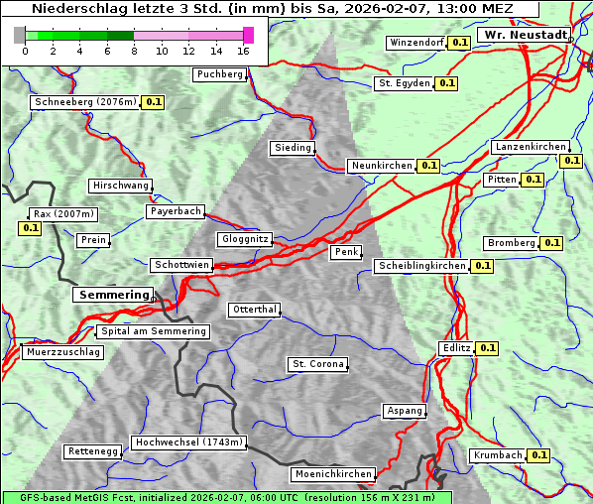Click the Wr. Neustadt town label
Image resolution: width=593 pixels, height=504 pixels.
(x=525, y=35)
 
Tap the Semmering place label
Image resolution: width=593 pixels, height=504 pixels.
(x=113, y=295)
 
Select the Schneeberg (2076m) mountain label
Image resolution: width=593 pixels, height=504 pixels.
(x=84, y=102)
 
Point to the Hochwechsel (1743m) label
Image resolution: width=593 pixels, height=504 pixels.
(x=188, y=442)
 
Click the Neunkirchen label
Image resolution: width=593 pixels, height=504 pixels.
(x=381, y=166)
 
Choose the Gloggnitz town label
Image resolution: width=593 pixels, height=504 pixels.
(x=243, y=239)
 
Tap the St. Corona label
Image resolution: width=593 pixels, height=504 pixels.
(x=317, y=364)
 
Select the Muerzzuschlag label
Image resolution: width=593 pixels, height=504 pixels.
(x=62, y=352)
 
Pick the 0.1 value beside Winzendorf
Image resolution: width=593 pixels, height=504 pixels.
(x=459, y=43)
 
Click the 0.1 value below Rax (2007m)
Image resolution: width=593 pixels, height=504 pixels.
(x=30, y=228)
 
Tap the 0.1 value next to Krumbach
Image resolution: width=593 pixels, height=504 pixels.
(x=538, y=455)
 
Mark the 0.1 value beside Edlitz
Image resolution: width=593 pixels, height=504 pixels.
(x=487, y=348)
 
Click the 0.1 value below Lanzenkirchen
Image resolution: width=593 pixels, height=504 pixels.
(x=570, y=161)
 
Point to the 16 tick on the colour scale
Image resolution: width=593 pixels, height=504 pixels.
(x=244, y=51)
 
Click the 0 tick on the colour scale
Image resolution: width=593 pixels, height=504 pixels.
(x=24, y=51)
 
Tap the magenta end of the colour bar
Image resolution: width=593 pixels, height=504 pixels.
(x=248, y=35)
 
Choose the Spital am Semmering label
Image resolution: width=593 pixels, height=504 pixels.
(x=153, y=331)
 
